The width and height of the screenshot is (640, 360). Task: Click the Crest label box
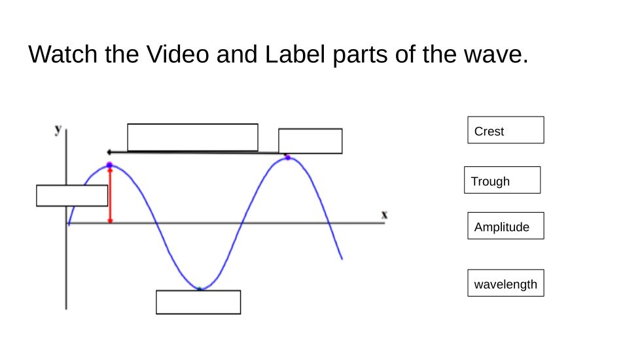pos(505,130)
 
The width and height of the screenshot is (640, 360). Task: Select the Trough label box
pos(502,180)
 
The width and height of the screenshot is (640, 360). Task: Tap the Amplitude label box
pos(505,226)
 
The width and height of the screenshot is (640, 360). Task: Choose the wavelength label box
pos(505,283)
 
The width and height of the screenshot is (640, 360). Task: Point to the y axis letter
pos(58,130)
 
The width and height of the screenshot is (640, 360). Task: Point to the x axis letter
pos(384,214)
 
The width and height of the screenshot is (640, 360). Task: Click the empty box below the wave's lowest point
pos(198,302)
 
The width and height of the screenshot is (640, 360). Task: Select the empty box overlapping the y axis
pos(72,196)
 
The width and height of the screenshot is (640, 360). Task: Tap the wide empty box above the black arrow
pos(192,137)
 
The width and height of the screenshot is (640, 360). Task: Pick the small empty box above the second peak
pos(310,141)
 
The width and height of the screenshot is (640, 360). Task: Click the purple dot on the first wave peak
pos(109,165)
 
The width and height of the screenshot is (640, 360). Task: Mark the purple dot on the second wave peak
pos(287,157)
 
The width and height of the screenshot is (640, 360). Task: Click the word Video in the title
pos(177,54)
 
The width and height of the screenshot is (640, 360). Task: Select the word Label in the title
pos(294,54)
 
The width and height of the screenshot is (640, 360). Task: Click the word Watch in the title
pos(63,54)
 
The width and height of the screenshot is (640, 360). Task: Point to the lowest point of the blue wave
pos(200,289)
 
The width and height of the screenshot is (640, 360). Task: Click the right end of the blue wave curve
pos(342,259)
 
